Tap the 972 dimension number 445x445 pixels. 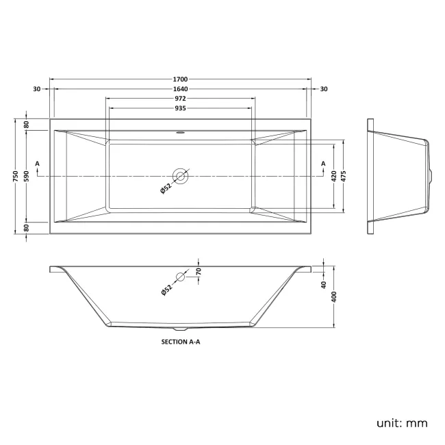tap(181, 99)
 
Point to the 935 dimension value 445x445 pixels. tap(181, 108)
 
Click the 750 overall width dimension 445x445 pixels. tap(14, 176)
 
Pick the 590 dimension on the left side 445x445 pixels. tap(27, 176)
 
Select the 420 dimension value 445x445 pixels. tap(333, 176)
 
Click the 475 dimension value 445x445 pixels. tap(344, 176)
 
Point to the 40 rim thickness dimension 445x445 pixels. tap(323, 285)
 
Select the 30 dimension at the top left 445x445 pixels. tap(36, 89)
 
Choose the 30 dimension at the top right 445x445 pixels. tap(324, 89)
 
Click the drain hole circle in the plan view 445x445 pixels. tap(181, 176)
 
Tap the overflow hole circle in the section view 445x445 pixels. tap(181, 277)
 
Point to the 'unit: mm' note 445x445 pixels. tap(401, 422)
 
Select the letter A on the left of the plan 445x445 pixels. tap(37, 164)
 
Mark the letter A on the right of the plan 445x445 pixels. tap(322, 164)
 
